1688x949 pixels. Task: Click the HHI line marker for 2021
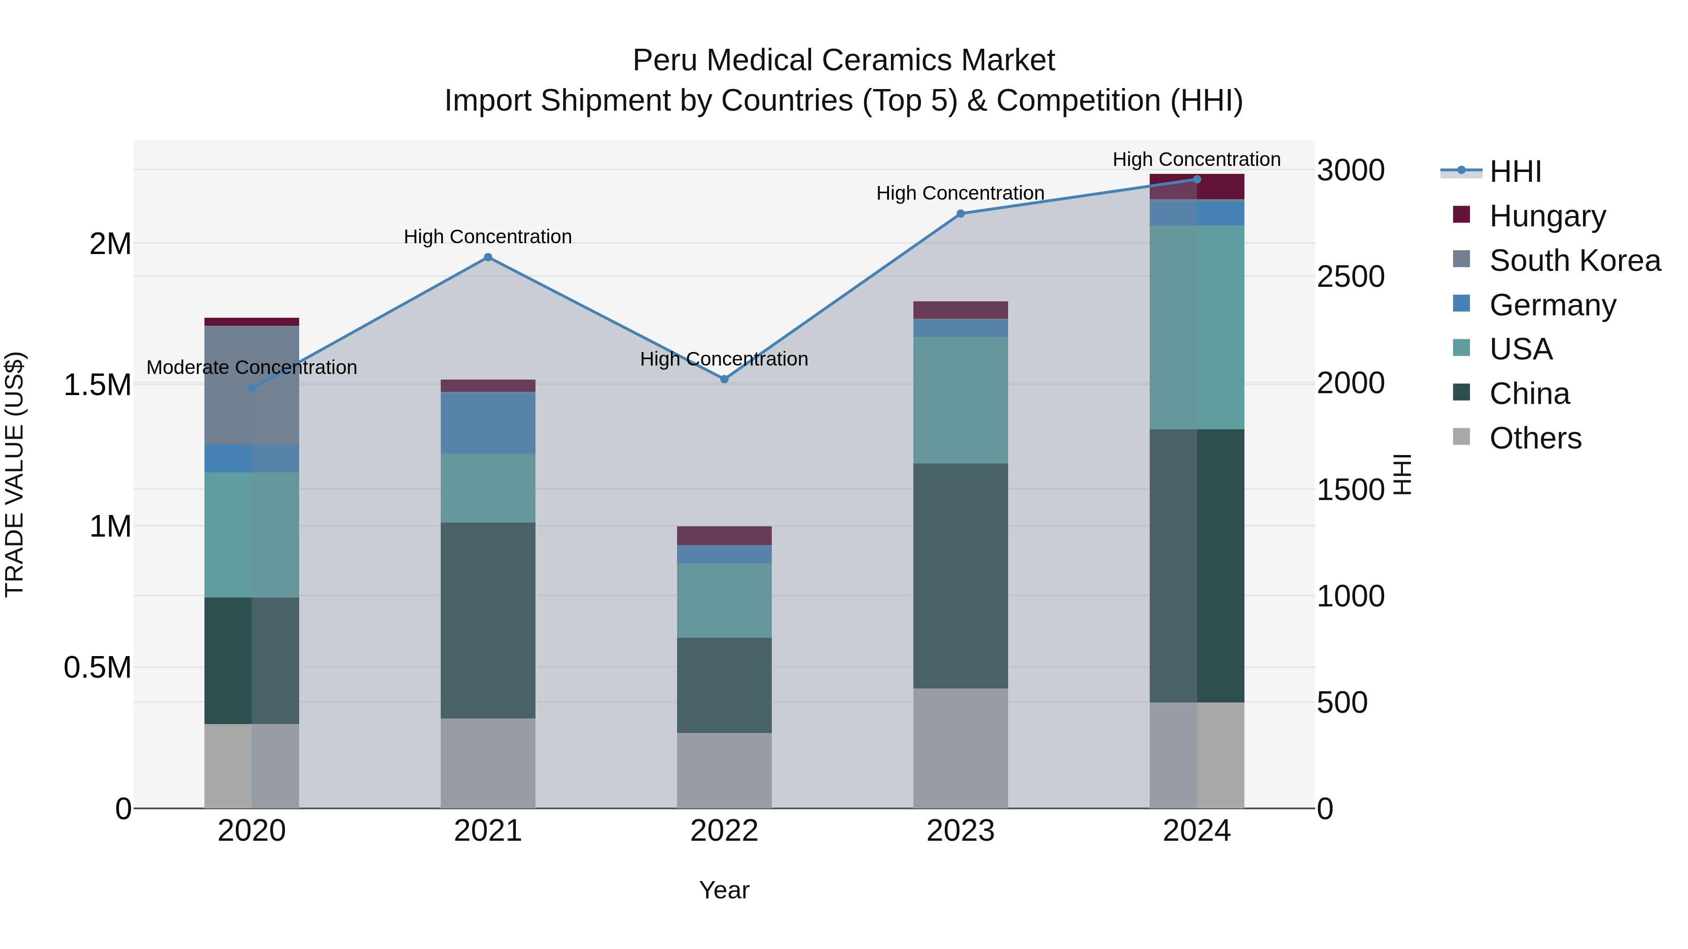pos(488,257)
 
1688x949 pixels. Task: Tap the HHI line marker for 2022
pos(724,379)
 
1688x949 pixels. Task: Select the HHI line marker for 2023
pos(961,214)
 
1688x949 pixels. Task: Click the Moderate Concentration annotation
pos(252,367)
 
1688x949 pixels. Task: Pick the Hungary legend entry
pos(1547,216)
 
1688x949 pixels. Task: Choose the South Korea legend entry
pos(1575,261)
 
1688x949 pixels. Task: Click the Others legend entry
pos(1535,438)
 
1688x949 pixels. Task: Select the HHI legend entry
pos(1515,172)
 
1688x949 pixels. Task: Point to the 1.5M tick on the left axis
pos(97,384)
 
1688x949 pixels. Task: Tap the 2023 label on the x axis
pos(961,831)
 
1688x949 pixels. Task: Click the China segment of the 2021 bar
pos(488,620)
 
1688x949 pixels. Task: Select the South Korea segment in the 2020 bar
pos(252,385)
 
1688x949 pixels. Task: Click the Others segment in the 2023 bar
pos(961,748)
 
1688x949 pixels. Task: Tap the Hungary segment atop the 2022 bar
pos(724,535)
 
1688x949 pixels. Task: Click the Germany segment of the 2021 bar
pos(488,422)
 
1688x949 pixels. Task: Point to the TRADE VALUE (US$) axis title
pos(15,474)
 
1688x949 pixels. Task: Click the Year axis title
pos(724,890)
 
